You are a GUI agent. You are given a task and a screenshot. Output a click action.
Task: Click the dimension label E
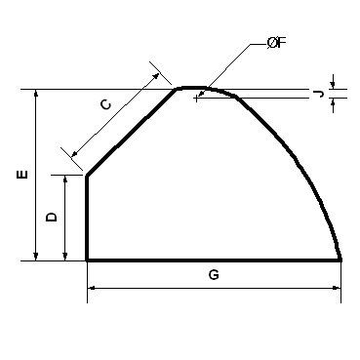pos(22,175)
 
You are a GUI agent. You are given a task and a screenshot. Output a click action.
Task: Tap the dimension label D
pos(52,217)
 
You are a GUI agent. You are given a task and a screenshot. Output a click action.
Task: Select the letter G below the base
pos(214,275)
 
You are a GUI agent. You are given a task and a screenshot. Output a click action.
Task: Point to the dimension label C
pos(105,104)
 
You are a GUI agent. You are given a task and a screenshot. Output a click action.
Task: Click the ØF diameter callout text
pos(276,43)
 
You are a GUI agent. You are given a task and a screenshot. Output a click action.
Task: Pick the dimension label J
pos(319,95)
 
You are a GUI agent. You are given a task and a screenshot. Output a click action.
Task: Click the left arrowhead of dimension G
pos(92,288)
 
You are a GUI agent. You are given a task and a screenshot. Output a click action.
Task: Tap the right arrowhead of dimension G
pos(337,288)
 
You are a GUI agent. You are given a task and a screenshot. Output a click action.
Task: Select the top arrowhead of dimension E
pos(36,94)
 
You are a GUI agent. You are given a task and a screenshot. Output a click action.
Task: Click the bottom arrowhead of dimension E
pos(36,257)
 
